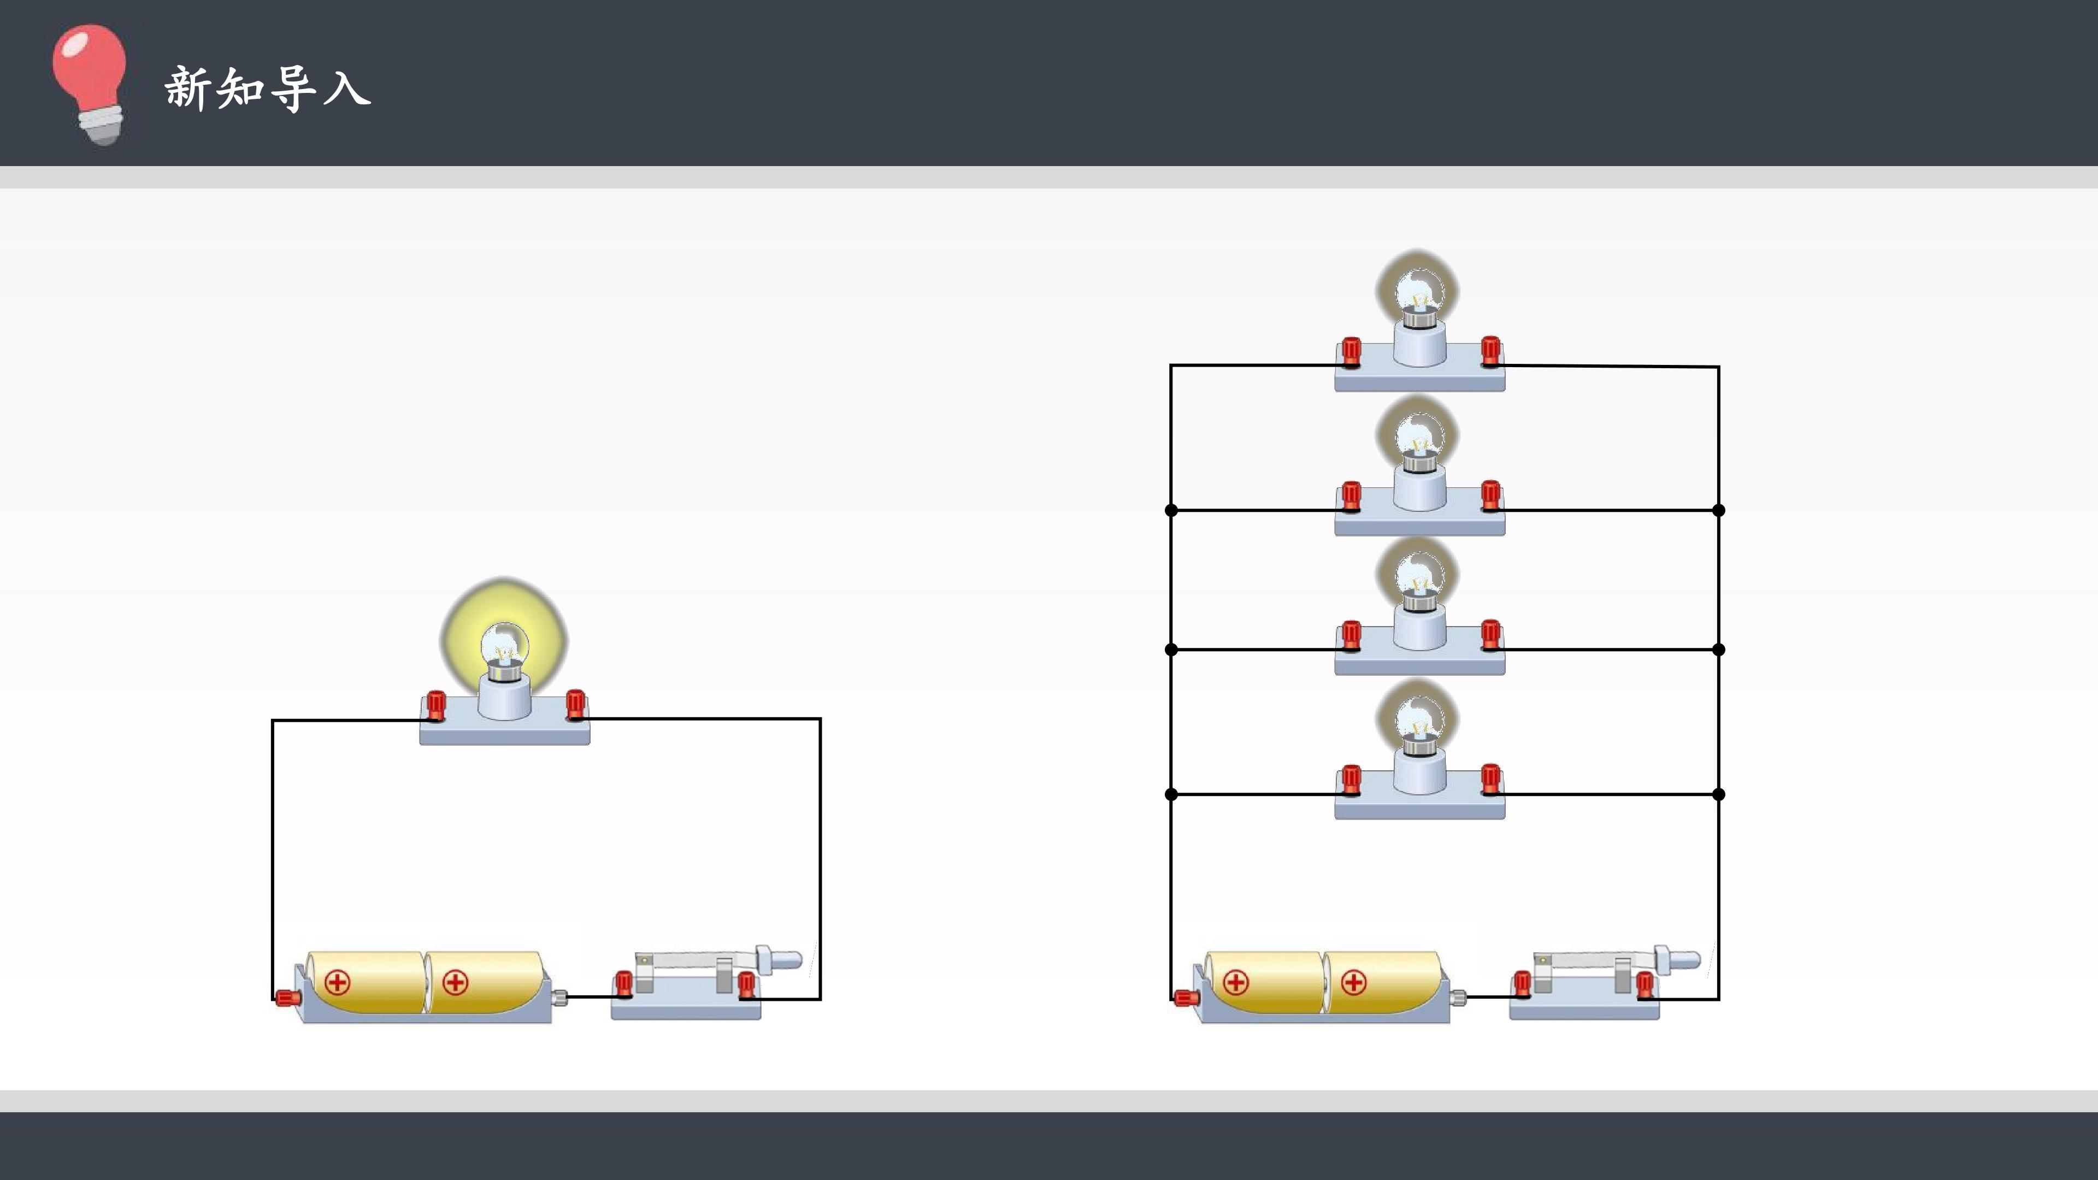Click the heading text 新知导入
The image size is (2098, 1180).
tap(268, 88)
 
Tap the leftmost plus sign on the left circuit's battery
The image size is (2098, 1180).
tap(337, 982)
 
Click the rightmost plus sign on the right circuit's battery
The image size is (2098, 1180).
tap(1354, 982)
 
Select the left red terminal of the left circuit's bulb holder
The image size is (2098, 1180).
tap(436, 706)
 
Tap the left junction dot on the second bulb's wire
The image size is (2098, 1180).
tap(1171, 511)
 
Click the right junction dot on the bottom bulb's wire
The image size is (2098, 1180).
tap(1718, 794)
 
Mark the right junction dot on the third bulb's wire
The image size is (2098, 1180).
tap(1718, 650)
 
